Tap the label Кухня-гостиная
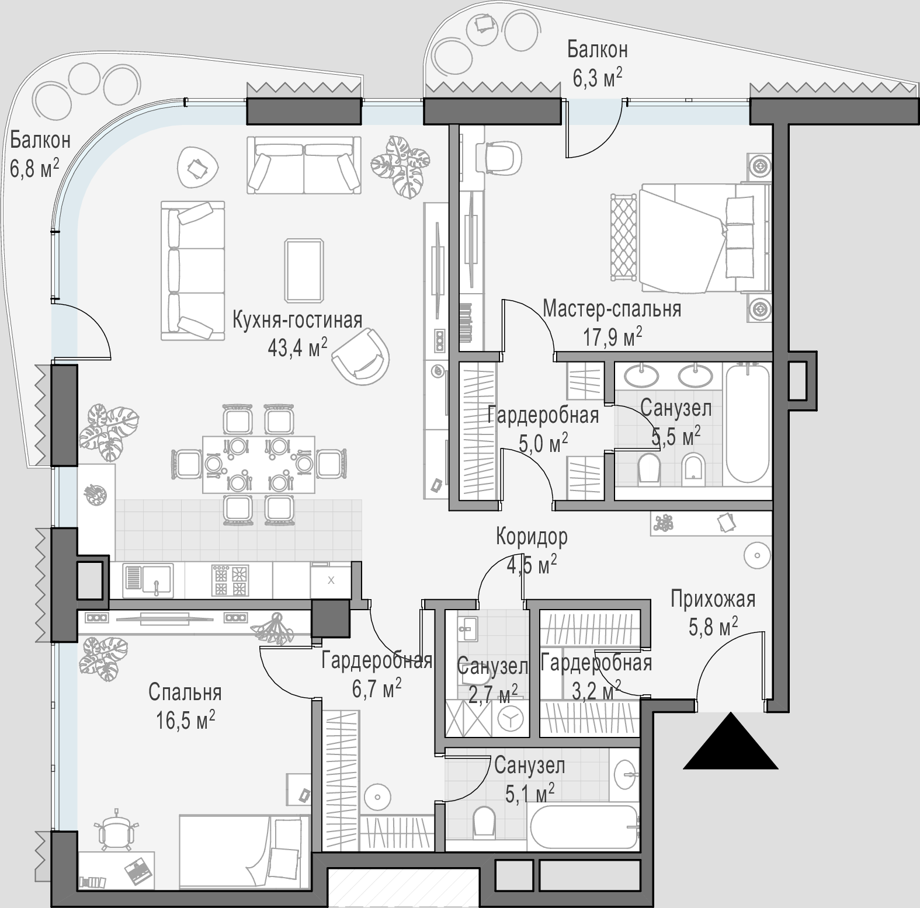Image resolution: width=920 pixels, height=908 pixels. point(297,321)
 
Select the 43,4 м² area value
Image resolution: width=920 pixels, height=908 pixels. point(297,348)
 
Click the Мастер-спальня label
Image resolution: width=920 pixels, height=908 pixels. point(612,309)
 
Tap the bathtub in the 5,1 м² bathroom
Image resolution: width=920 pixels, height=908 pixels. point(585,827)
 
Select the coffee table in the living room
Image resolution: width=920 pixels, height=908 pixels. point(304,270)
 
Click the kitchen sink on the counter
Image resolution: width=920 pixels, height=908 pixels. point(148,580)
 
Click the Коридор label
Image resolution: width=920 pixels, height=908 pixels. point(532,536)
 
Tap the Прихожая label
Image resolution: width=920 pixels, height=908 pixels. point(713,600)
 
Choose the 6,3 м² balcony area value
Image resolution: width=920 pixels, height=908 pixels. point(597,78)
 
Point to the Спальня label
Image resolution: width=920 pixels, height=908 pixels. point(185,693)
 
